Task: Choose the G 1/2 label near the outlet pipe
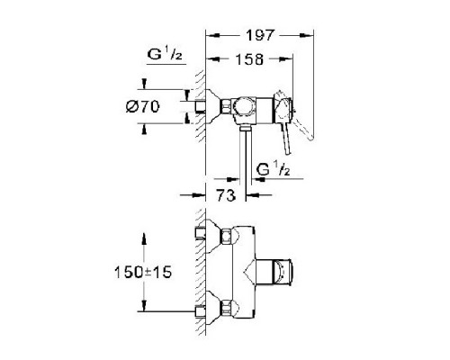pos(271,168)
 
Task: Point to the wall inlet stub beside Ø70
pos(191,107)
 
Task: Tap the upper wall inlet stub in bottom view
pos(197,237)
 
